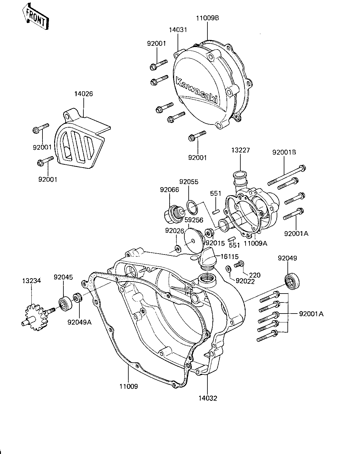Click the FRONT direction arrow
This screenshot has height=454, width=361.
(35, 17)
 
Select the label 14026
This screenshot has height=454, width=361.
(83, 94)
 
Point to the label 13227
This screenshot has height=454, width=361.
(240, 150)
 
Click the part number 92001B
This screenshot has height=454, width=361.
(284, 152)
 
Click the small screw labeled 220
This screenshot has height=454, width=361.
(239, 264)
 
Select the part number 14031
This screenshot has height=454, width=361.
(178, 30)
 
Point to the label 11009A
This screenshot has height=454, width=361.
(255, 244)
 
